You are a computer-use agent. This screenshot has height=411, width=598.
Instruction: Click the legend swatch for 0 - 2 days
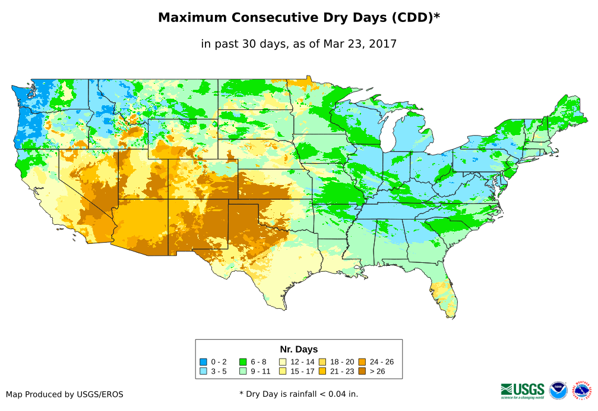pos(203,362)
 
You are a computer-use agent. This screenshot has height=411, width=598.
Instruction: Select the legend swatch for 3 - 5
pos(203,371)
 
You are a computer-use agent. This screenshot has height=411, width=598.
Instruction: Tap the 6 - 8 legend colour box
pos(243,362)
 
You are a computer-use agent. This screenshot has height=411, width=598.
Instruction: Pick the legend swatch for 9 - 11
pos(243,371)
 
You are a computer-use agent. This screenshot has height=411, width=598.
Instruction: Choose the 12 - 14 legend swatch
pos(283,362)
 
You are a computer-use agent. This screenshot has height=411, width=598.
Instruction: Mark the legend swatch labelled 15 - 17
pos(283,371)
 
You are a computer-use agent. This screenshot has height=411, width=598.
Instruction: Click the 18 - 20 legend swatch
pos(322,362)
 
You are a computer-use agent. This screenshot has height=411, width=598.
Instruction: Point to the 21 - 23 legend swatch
pos(322,371)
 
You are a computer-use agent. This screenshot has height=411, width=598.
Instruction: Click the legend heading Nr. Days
pos(299,349)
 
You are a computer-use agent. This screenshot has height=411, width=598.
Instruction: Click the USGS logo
pos(523,390)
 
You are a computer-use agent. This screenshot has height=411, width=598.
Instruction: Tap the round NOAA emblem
pos(558,390)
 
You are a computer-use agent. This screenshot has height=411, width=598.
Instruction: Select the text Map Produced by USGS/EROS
pos(65,394)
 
